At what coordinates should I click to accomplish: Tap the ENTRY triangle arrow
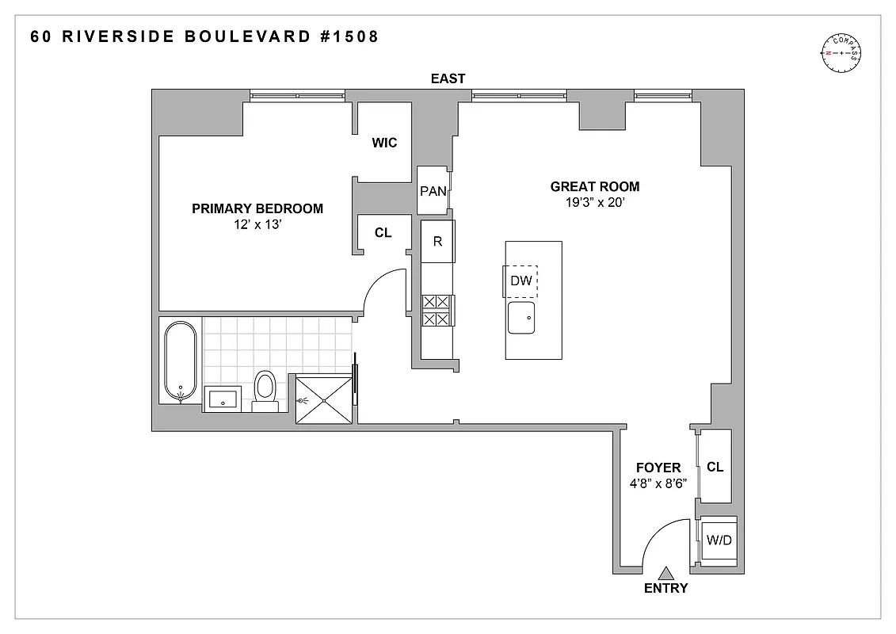[x=666, y=573]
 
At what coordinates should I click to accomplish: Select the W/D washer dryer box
[x=719, y=541]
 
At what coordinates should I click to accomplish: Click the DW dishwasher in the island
[x=520, y=281]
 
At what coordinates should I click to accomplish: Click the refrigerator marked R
[x=437, y=242]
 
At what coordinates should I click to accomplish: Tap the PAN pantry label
[x=433, y=191]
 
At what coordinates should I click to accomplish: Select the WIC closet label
[x=384, y=143]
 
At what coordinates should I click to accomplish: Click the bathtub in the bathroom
[x=181, y=361]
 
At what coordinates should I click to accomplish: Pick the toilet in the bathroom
[x=265, y=389]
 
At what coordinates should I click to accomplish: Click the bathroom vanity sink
[x=224, y=399]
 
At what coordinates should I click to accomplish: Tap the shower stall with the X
[x=324, y=400]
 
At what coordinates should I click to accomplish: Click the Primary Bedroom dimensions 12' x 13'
[x=257, y=224]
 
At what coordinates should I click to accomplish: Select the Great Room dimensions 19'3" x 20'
[x=595, y=202]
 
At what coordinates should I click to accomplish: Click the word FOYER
[x=658, y=468]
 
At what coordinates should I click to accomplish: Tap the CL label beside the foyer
[x=715, y=467]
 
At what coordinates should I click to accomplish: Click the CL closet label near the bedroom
[x=383, y=233]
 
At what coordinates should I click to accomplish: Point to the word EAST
[x=448, y=78]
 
